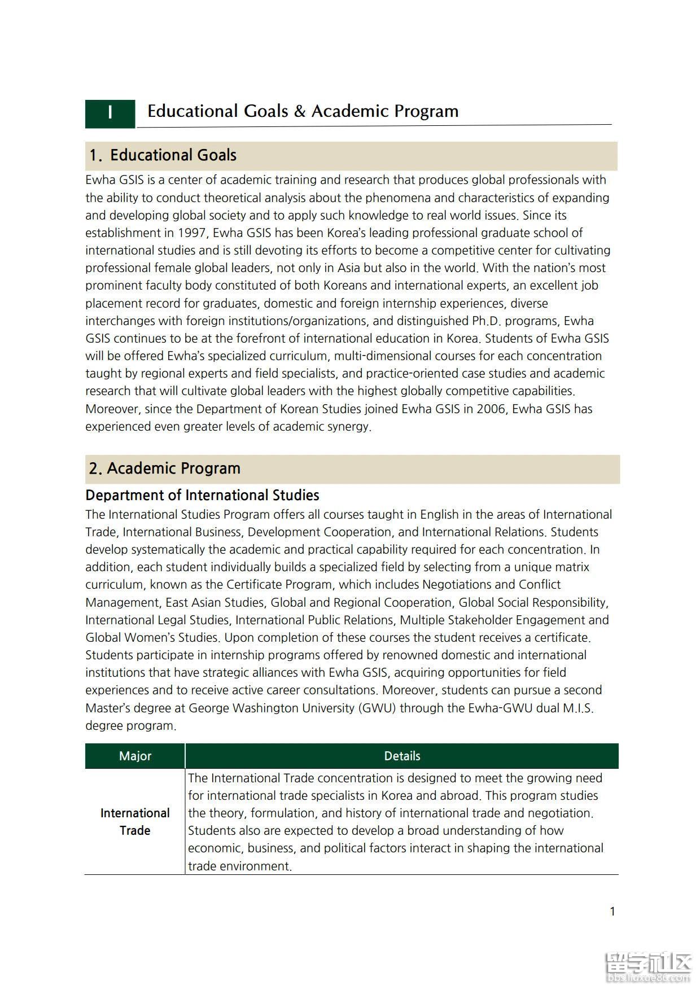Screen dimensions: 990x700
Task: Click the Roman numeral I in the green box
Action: click(x=110, y=112)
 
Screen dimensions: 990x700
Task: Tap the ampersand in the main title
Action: click(x=300, y=111)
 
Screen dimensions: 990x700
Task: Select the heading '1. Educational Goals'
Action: click(x=163, y=155)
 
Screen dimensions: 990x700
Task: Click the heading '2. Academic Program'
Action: click(x=164, y=468)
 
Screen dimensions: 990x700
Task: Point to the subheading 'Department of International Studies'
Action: click(x=202, y=496)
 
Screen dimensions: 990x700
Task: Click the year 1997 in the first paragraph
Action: click(x=192, y=233)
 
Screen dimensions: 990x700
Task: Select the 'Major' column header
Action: click(x=135, y=756)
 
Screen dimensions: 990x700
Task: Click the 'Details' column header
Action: click(x=402, y=756)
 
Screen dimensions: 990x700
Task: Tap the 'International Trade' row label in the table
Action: click(x=135, y=822)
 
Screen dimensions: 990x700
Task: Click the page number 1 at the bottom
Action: click(x=613, y=911)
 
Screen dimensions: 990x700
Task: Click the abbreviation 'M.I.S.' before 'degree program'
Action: click(x=578, y=708)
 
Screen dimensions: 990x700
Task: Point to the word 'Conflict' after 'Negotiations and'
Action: click(x=540, y=585)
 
